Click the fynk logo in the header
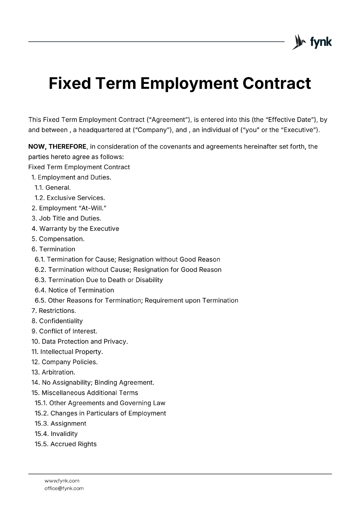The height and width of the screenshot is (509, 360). [x=312, y=42]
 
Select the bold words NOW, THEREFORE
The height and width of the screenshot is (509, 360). [x=57, y=147]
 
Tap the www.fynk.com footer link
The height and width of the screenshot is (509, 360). [x=62, y=481]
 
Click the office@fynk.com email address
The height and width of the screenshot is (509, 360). [x=64, y=488]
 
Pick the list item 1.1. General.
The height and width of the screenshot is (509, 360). [x=53, y=188]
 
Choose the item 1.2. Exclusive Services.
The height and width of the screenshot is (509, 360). [x=70, y=198]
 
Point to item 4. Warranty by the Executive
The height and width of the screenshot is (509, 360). [x=75, y=229]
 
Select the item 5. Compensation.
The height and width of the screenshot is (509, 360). [x=58, y=239]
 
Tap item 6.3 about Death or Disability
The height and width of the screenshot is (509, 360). [x=99, y=280]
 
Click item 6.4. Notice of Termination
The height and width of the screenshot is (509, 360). [x=74, y=290]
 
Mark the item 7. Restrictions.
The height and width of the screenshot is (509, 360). [x=54, y=311]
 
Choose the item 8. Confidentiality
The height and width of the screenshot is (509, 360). [x=57, y=321]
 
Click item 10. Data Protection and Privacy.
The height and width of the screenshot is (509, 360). [x=80, y=342]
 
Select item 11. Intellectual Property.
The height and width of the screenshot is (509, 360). [x=67, y=352]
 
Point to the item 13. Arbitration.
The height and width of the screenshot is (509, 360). [x=53, y=372]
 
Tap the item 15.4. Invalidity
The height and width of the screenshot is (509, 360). [x=56, y=434]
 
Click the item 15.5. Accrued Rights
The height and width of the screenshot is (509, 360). [x=66, y=444]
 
